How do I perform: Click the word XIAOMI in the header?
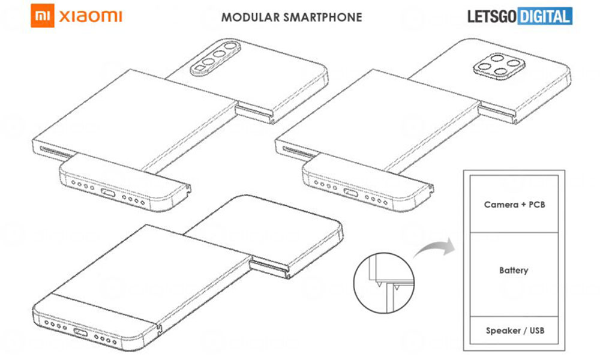[91, 17]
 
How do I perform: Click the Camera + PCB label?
[514, 205]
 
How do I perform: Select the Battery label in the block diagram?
[514, 270]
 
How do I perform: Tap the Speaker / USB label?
[514, 331]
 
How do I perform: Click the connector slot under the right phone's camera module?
[499, 110]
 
